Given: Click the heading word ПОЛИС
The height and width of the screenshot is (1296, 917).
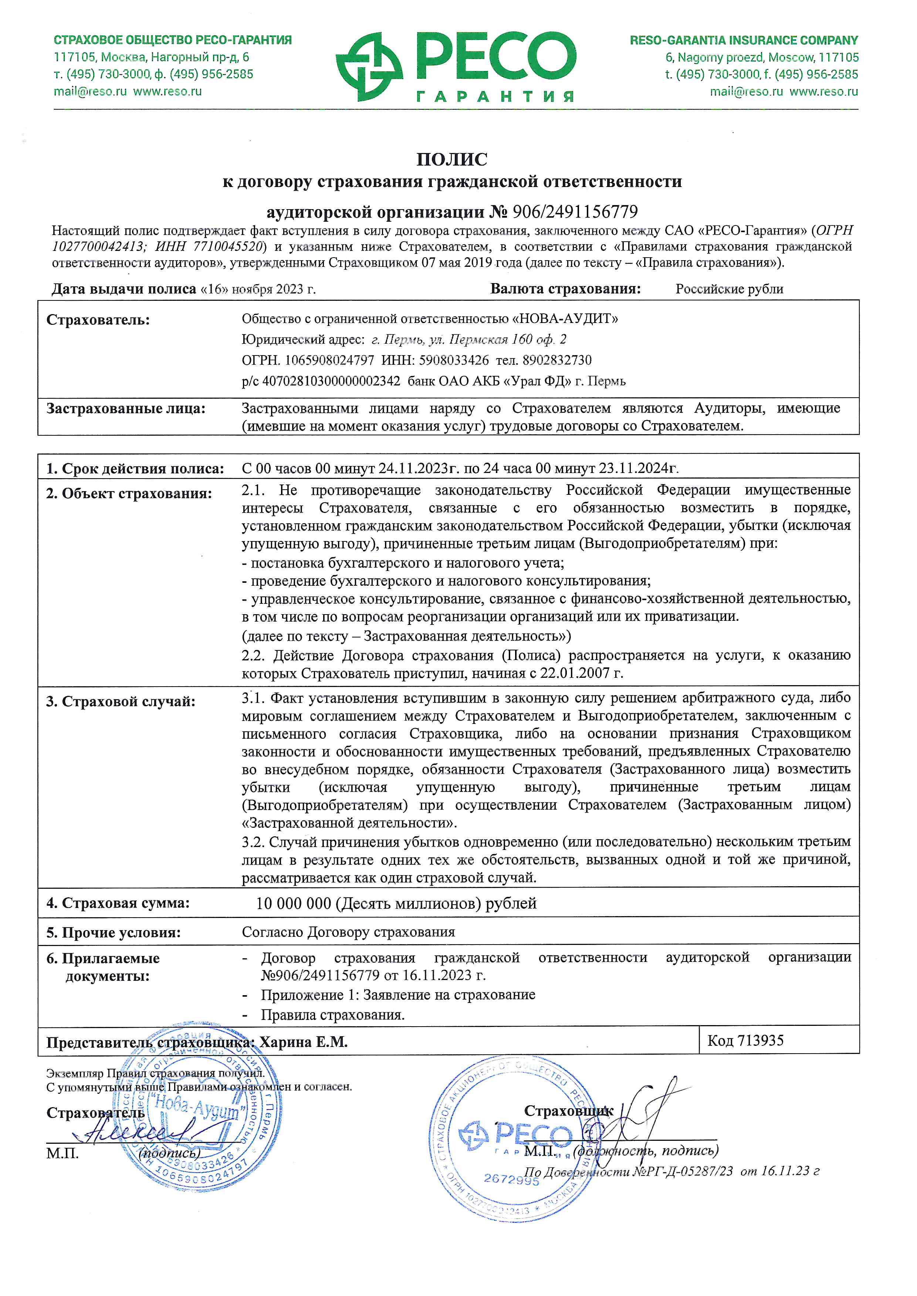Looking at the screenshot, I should (452, 160).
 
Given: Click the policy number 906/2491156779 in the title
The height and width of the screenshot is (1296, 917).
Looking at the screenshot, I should (575, 212).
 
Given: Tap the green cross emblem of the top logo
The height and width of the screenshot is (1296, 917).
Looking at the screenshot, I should (369, 67).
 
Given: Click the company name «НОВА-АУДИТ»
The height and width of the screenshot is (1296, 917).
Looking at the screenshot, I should (565, 319).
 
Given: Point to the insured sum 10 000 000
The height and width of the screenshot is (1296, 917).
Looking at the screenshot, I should (294, 904).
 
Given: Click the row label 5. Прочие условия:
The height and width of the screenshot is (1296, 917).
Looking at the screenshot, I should (114, 932).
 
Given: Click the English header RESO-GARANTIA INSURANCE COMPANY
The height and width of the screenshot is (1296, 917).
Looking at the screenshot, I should (744, 41).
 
